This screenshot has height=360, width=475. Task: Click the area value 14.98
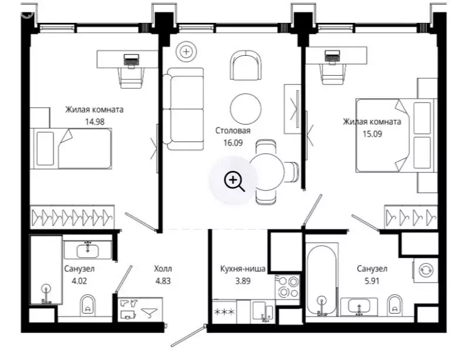click(95, 122)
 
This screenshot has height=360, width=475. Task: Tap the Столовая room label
click(233, 130)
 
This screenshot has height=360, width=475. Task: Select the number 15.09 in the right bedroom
click(372, 134)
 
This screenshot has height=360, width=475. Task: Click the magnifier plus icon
click(234, 181)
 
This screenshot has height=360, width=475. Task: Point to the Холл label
click(163, 268)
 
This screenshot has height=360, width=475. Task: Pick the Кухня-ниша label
click(242, 268)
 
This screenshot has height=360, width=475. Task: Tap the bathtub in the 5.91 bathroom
click(321, 280)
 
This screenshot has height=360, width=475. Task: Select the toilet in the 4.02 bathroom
click(88, 305)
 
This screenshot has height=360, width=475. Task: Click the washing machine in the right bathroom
click(425, 270)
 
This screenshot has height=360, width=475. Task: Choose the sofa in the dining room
click(183, 109)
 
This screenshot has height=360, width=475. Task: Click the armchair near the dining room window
click(245, 65)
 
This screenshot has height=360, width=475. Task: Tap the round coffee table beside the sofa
click(245, 109)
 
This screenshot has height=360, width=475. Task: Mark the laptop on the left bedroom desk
click(132, 59)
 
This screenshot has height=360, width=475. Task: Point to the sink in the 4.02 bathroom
click(87, 250)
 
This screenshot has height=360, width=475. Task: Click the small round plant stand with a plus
click(186, 52)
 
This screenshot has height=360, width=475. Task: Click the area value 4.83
click(163, 281)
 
